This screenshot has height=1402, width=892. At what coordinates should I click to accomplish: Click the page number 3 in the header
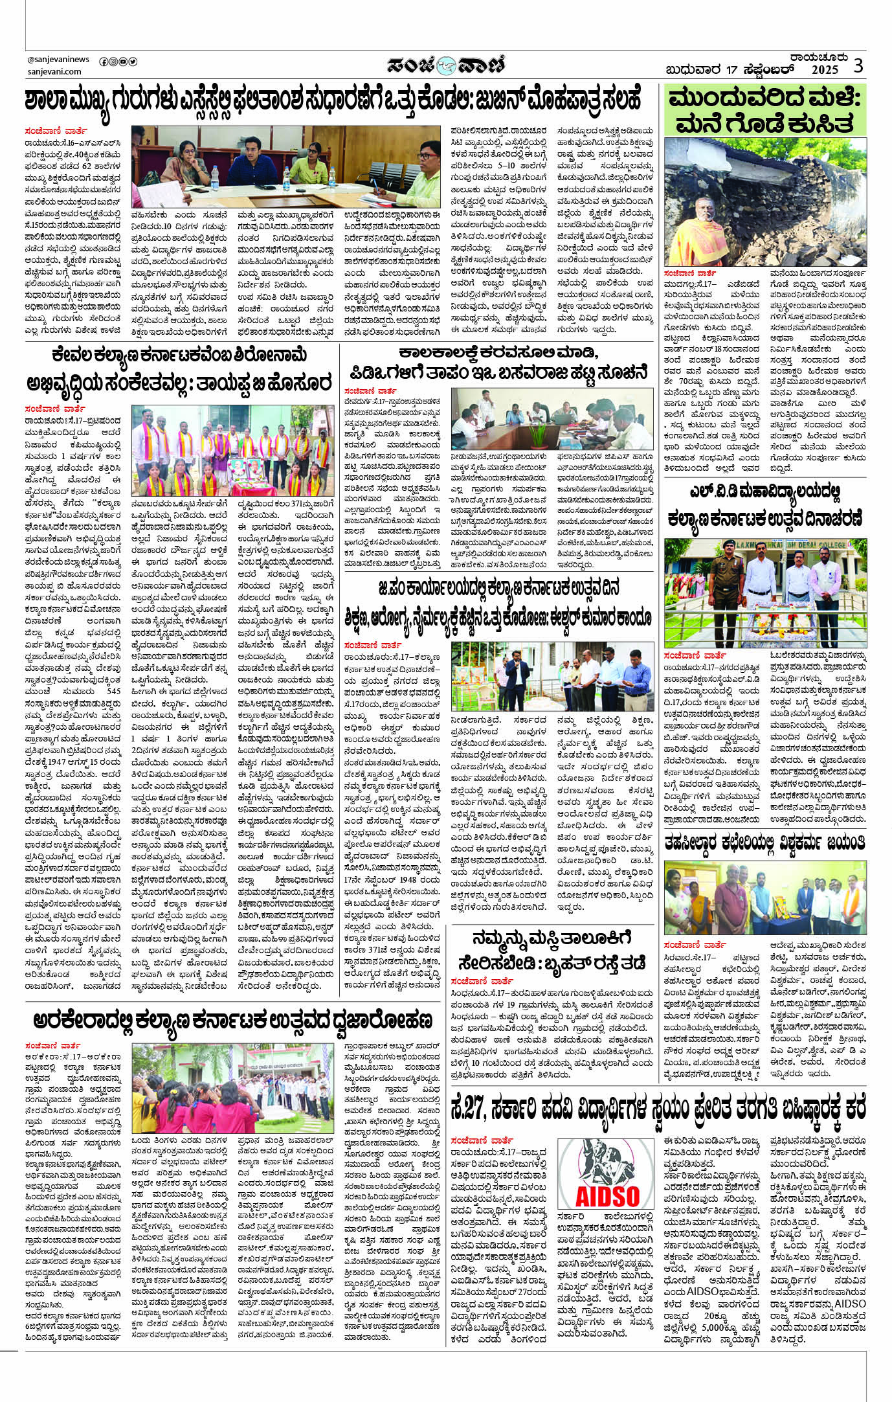[x=858, y=65]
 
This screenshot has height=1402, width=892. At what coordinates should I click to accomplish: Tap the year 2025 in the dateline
[x=825, y=70]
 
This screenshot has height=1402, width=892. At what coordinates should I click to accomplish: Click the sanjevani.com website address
[x=54, y=72]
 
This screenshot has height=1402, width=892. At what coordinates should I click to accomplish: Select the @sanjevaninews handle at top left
[x=59, y=60]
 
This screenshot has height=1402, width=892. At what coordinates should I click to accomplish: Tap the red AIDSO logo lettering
[x=606, y=1195]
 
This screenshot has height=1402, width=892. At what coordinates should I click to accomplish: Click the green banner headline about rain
[x=765, y=111]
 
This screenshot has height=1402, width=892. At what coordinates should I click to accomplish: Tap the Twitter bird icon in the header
[x=133, y=62]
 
